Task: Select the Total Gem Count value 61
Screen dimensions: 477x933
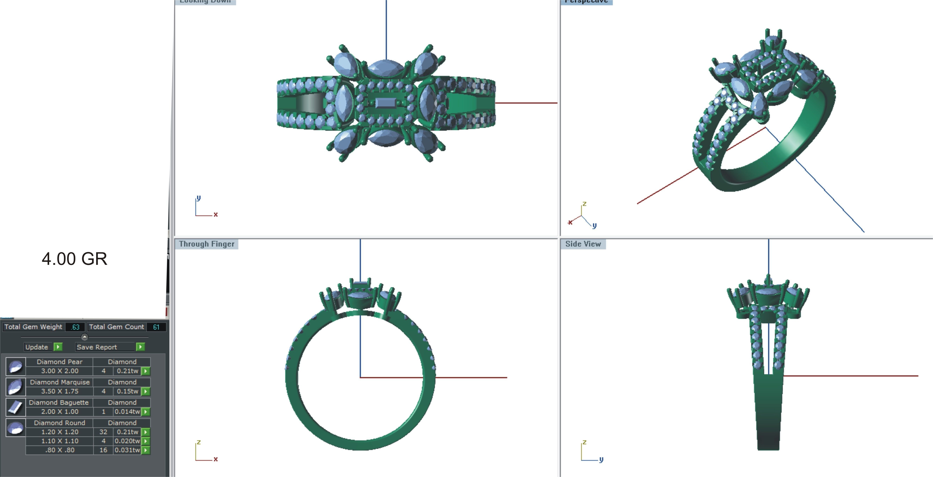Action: pos(156,327)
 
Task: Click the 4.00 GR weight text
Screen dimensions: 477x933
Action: pos(75,259)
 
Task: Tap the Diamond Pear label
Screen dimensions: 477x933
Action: pos(59,362)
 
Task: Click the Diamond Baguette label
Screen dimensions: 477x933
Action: pos(59,402)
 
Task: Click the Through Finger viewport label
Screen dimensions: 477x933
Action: pos(206,244)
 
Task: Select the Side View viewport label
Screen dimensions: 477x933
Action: pos(583,244)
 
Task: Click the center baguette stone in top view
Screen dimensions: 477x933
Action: pos(386,103)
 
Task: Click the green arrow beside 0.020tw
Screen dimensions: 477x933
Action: pos(146,441)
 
